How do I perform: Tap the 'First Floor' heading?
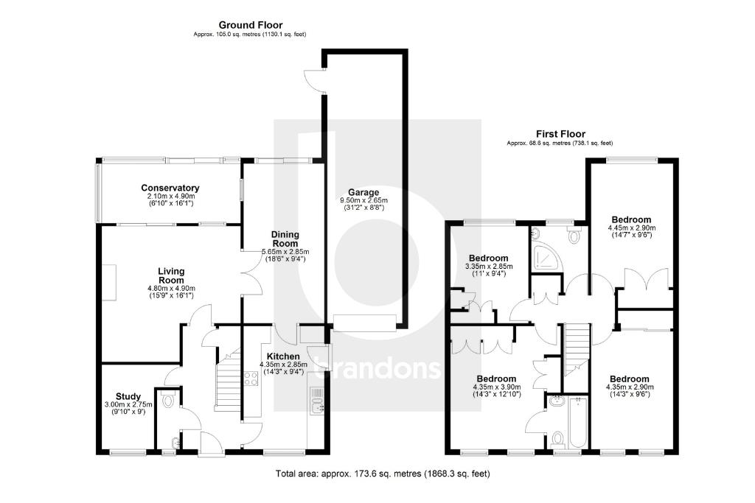(x=560, y=134)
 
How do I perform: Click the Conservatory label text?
(x=170, y=188)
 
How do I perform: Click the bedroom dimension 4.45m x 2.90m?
(x=631, y=228)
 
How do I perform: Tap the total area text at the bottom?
(x=382, y=474)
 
